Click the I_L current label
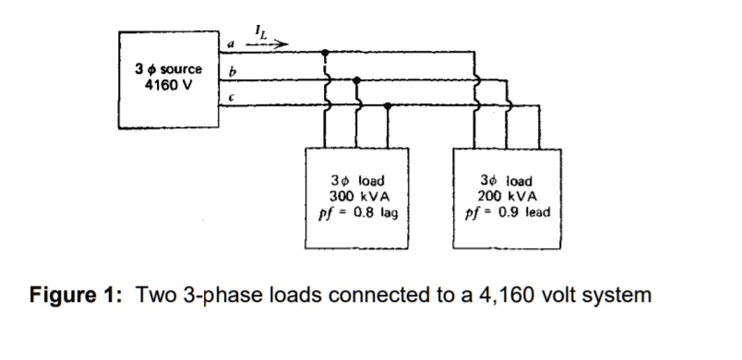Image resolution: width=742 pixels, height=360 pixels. pos(261,30)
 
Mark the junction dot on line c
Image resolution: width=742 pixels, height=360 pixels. pos(388,105)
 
